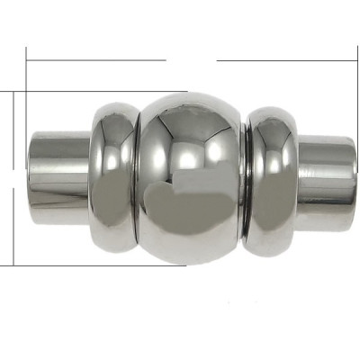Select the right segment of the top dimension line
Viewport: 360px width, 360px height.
pyautogui.click(x=288, y=60)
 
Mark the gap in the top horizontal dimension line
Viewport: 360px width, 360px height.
pyautogui.click(x=192, y=60)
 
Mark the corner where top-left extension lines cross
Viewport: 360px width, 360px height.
pyautogui.click(x=28, y=91)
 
